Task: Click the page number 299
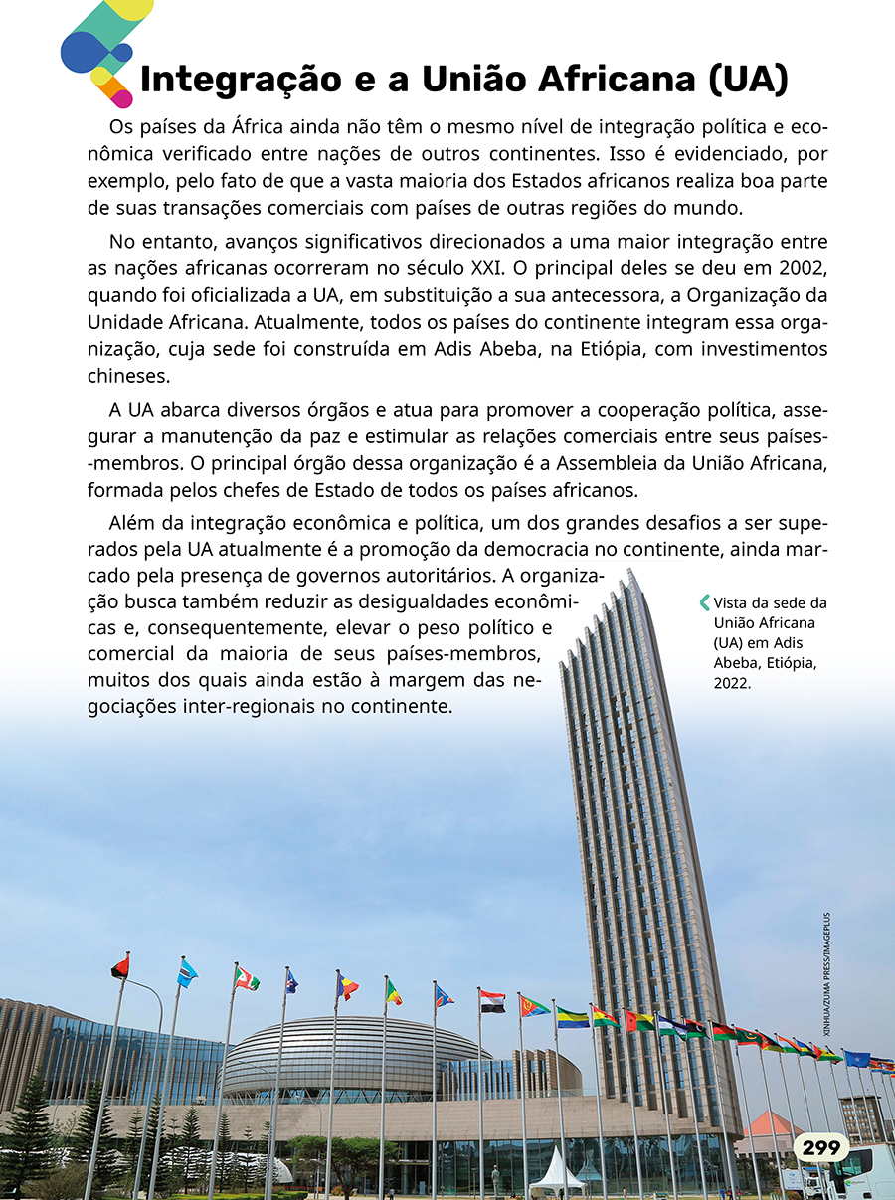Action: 821,1148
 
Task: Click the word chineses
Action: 129,377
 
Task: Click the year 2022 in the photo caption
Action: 732,684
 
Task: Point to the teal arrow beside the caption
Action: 705,601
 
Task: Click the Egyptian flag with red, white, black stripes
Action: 492,1000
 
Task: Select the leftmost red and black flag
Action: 120,966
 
